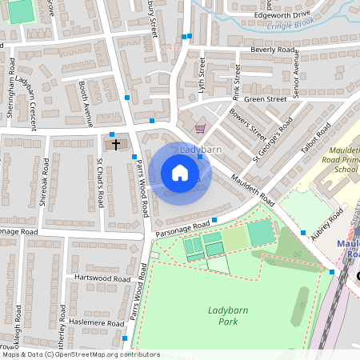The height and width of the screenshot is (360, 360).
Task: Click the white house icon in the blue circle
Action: click(180, 173)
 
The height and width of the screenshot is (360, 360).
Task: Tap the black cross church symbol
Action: click(116, 145)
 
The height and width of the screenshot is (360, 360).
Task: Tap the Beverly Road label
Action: click(274, 50)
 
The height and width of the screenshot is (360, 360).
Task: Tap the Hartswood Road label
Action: click(102, 278)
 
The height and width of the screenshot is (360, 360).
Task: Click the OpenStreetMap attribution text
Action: click(80, 354)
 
